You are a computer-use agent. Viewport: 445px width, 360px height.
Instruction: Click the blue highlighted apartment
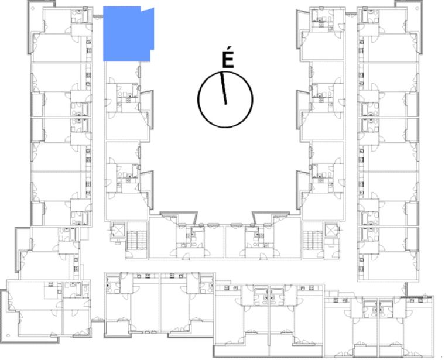[x=128, y=34]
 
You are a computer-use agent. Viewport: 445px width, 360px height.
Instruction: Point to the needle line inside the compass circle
[x=224, y=88]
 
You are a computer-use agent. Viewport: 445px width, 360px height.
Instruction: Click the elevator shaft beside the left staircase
[x=118, y=230]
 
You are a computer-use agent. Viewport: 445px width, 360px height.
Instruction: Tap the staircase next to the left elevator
[x=137, y=240]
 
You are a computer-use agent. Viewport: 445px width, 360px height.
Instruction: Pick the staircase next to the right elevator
[x=313, y=240]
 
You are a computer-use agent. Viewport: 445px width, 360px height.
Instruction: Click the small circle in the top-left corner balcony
[x=33, y=9]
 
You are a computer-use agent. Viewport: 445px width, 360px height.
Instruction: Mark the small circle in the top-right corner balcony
[x=417, y=9]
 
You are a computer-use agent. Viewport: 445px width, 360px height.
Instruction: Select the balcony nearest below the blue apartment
[x=147, y=109]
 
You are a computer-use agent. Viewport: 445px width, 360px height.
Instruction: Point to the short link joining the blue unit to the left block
[x=98, y=17]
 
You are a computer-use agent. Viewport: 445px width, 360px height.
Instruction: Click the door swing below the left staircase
[x=129, y=255]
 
